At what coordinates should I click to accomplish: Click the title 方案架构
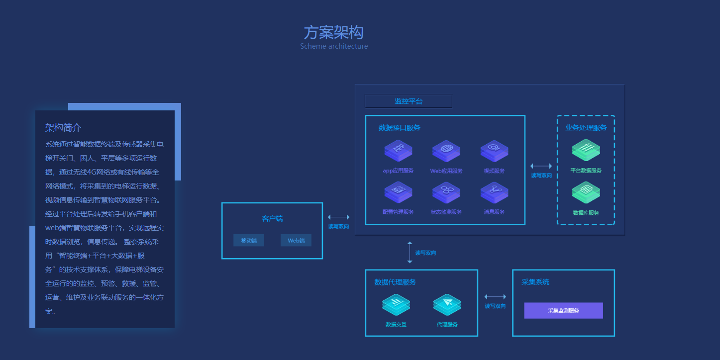pyautogui.click(x=333, y=32)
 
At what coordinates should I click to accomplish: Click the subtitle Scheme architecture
pyautogui.click(x=334, y=46)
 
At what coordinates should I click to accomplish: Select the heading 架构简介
pyautogui.click(x=63, y=128)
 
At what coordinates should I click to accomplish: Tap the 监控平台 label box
pyautogui.click(x=409, y=101)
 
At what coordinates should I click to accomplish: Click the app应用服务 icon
pyautogui.click(x=398, y=151)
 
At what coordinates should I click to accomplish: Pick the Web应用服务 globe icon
pyautogui.click(x=446, y=151)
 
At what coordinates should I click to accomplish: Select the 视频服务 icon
pyautogui.click(x=494, y=151)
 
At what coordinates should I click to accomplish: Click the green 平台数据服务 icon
pyautogui.click(x=586, y=150)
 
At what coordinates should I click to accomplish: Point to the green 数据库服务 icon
pyautogui.click(x=586, y=192)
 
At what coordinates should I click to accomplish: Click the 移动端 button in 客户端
pyautogui.click(x=249, y=241)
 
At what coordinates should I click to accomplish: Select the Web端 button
pyautogui.click(x=296, y=241)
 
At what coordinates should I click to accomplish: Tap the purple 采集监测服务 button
pyautogui.click(x=563, y=310)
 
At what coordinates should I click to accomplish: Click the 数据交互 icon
pyautogui.click(x=396, y=304)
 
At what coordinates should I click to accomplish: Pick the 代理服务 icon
pyautogui.click(x=447, y=304)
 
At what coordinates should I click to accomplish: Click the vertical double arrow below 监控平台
pyautogui.click(x=410, y=252)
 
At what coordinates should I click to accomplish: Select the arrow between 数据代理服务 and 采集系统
pyautogui.click(x=495, y=297)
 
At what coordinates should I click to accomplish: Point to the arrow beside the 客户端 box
pyautogui.click(x=338, y=217)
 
